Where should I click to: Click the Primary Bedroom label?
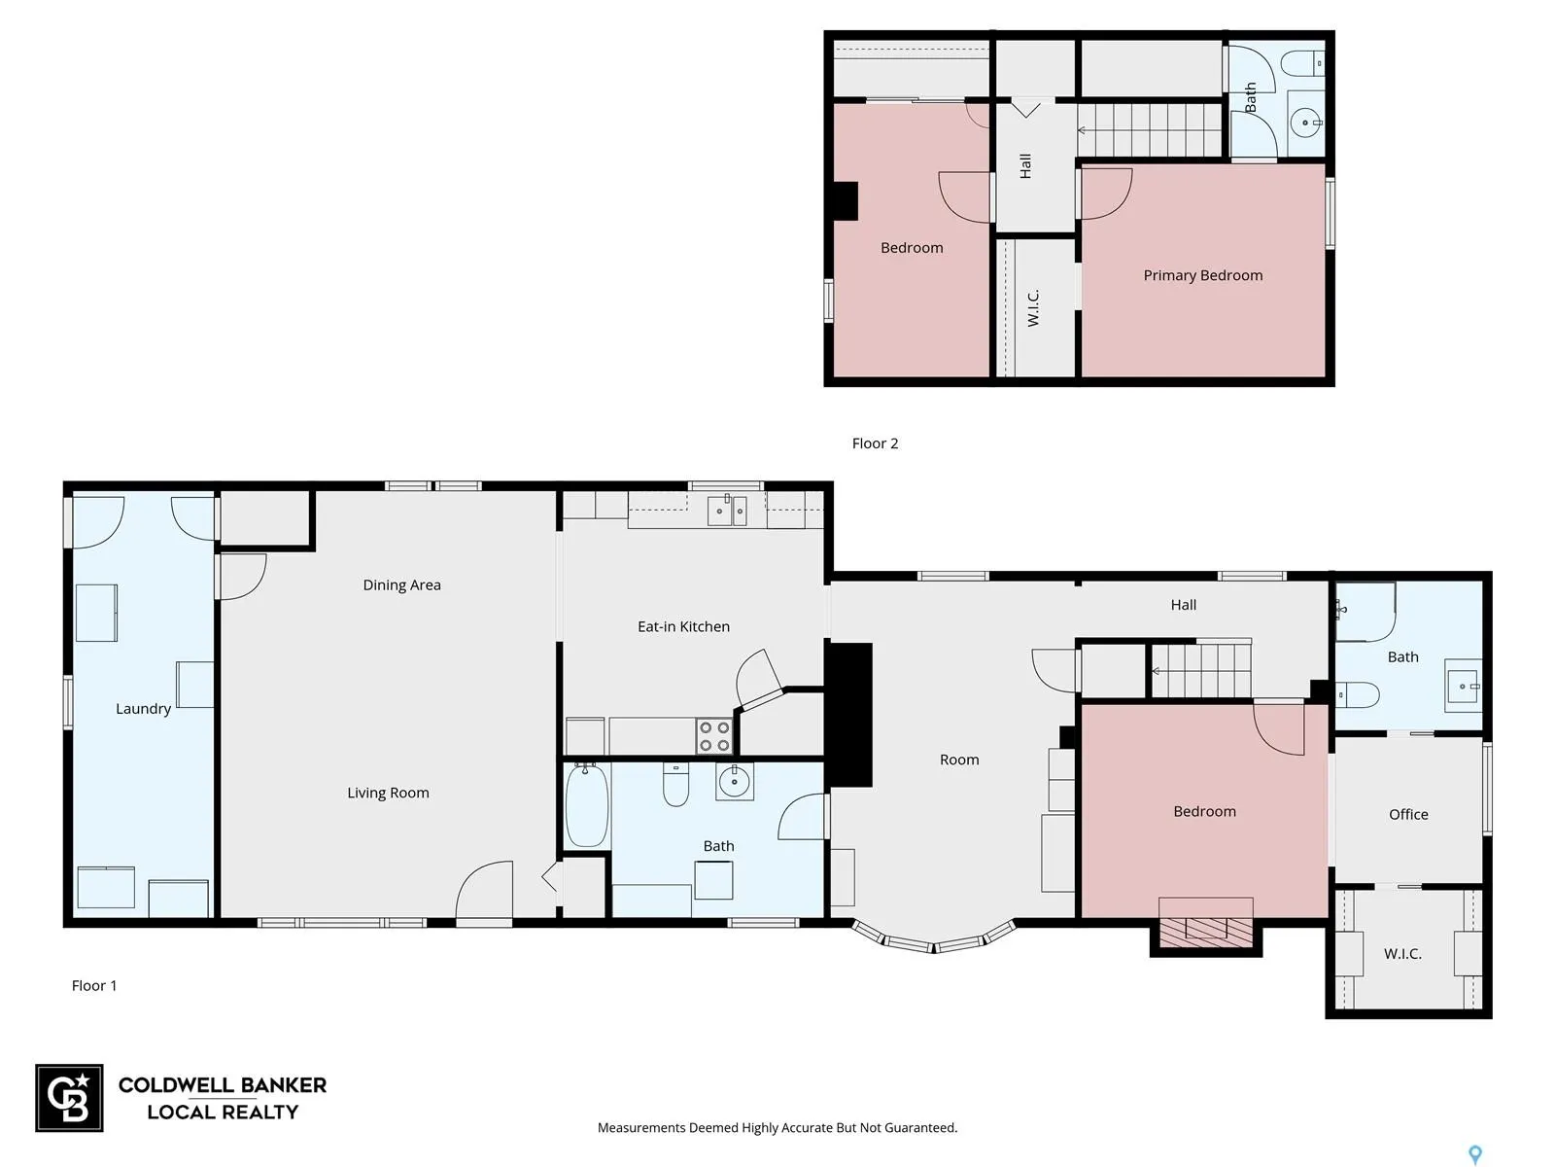pyautogui.click(x=1202, y=275)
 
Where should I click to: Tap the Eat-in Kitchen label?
pyautogui.click(x=683, y=626)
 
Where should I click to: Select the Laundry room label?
pyautogui.click(x=143, y=709)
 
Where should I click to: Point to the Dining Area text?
pyautogui.click(x=401, y=585)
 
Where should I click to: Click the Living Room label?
pyautogui.click(x=388, y=793)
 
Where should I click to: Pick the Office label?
pyautogui.click(x=1407, y=814)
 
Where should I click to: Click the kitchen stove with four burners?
pyautogui.click(x=713, y=736)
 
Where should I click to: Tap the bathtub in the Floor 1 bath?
pyautogui.click(x=587, y=805)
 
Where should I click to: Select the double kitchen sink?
pyautogui.click(x=727, y=511)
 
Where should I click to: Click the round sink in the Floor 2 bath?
pyautogui.click(x=1304, y=124)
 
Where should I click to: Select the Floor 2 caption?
pyautogui.click(x=875, y=443)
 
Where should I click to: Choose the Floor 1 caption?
pyautogui.click(x=94, y=985)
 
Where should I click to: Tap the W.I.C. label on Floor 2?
pyautogui.click(x=1033, y=308)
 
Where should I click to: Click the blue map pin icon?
pyautogui.click(x=1475, y=1154)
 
